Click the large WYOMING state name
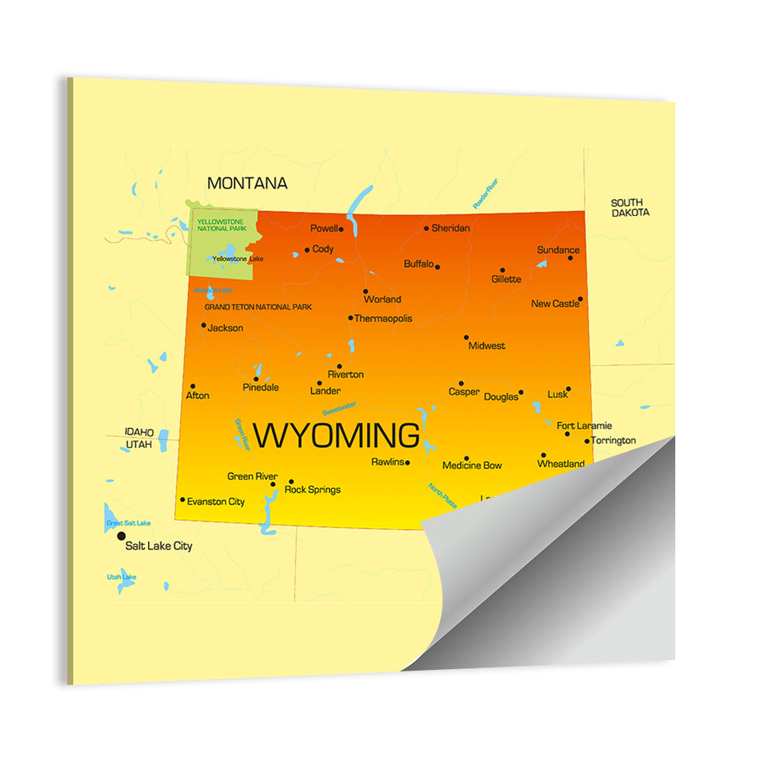click(x=336, y=436)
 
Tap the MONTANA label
click(x=247, y=183)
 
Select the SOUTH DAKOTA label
click(x=630, y=208)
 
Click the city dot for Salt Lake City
click(x=121, y=536)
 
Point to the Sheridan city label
click(x=450, y=228)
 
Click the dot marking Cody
click(x=307, y=250)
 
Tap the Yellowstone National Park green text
click(x=221, y=225)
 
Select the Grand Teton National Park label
click(x=258, y=307)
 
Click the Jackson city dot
click(x=204, y=325)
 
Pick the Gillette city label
click(x=507, y=279)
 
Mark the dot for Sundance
click(x=570, y=258)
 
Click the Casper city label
click(x=464, y=392)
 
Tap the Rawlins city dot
click(x=407, y=462)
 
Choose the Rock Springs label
click(x=312, y=490)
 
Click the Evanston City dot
click(x=182, y=500)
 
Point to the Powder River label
click(x=485, y=193)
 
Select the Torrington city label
click(x=613, y=440)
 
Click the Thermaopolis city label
click(x=383, y=318)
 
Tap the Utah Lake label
click(x=121, y=577)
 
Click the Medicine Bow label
click(x=472, y=465)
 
